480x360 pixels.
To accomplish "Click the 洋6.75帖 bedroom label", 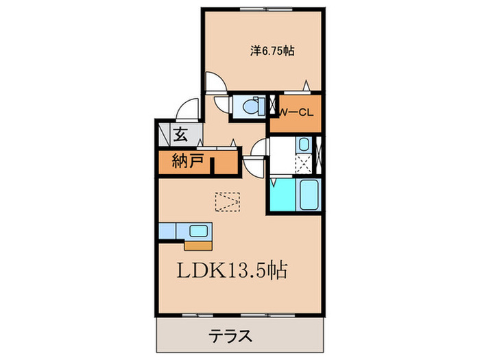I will [x=272, y=50].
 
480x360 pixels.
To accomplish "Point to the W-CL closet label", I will [x=296, y=113].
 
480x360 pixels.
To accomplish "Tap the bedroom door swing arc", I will [x=214, y=84].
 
